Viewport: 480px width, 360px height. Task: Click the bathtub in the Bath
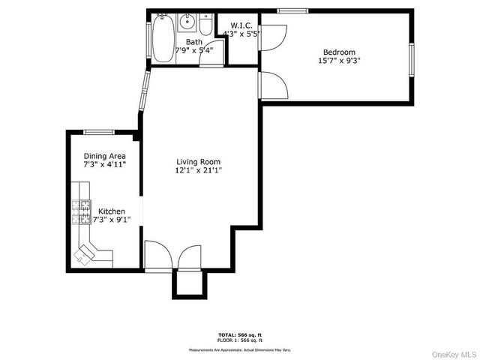coord(163,39)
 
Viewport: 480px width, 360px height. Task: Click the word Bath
coord(193,42)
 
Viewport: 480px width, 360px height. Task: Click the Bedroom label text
coord(339,52)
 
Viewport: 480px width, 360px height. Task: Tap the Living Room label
coord(199,161)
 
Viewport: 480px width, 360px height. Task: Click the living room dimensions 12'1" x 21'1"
coord(199,171)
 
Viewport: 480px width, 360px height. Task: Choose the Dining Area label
coord(104,156)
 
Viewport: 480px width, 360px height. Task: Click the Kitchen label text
coord(111,211)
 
